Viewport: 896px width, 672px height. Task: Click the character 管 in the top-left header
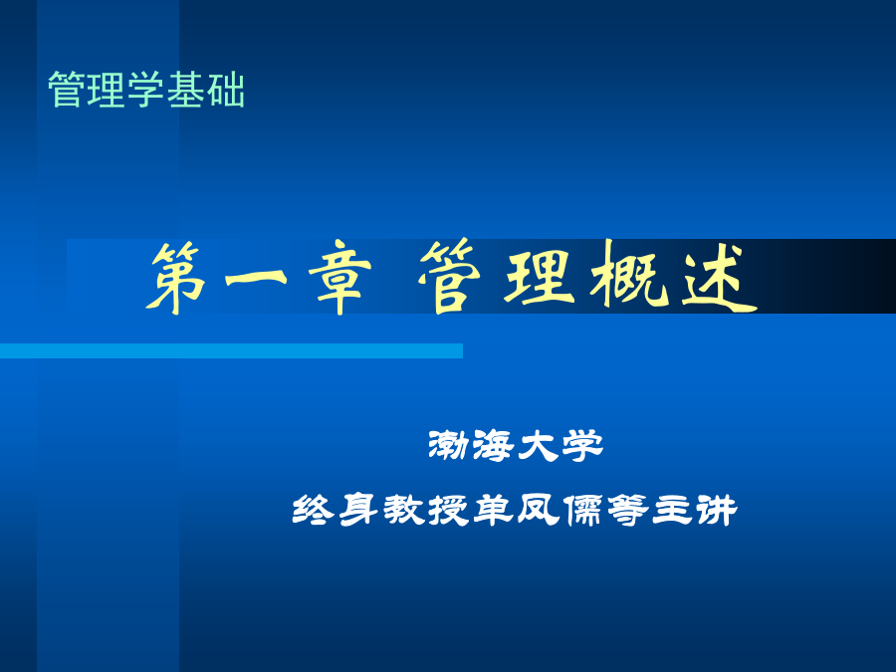[x=67, y=90]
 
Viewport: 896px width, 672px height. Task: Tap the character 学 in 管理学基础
[x=145, y=90]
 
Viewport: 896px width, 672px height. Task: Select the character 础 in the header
[x=226, y=90]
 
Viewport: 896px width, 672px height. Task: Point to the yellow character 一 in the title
[x=256, y=279]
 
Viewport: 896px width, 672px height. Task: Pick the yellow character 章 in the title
[x=339, y=279]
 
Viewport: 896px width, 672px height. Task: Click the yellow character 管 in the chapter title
[x=450, y=277]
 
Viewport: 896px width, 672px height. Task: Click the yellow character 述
[x=720, y=279]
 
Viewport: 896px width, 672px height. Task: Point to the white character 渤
[x=449, y=446]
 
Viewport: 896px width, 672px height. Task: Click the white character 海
[x=493, y=446]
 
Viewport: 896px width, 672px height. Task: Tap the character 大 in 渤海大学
[x=538, y=446]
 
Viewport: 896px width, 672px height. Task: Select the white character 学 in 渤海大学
[x=582, y=446]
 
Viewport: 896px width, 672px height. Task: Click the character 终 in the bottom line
[x=314, y=510]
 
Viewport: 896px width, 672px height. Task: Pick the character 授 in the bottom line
[x=448, y=510]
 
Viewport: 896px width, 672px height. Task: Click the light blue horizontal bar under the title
[x=231, y=350]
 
